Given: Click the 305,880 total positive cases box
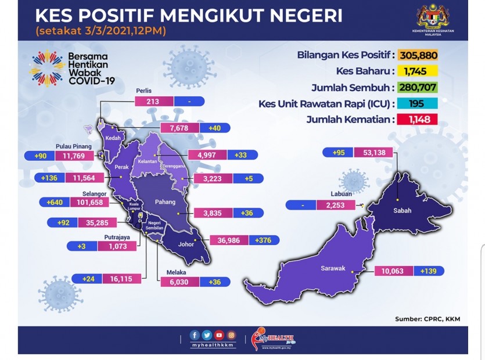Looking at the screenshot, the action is point(418,55).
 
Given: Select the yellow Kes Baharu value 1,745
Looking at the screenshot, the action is point(416,71).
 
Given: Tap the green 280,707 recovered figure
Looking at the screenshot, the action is point(418,87).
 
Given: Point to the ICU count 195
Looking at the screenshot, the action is point(417,103).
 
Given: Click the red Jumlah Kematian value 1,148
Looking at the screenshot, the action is point(418,120).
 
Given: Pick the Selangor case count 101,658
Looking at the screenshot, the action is point(89,203).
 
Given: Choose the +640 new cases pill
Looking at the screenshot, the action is point(55,203).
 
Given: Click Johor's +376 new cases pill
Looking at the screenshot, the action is point(264,240).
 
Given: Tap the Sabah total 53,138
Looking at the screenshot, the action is point(373,153).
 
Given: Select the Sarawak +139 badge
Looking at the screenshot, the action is point(429,271).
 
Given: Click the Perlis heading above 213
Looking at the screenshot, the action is point(144,91).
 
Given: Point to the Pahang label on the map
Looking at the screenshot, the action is point(165,202).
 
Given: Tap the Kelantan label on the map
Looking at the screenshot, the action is point(148,161).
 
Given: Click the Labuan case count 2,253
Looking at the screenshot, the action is point(335,205).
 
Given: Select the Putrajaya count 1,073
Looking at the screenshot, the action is point(117,246).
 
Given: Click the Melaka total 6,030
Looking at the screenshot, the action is point(179,282).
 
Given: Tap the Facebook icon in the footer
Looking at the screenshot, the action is point(195,335).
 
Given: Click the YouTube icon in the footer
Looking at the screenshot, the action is point(219,335).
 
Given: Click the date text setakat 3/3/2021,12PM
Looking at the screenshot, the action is point(100,31).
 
